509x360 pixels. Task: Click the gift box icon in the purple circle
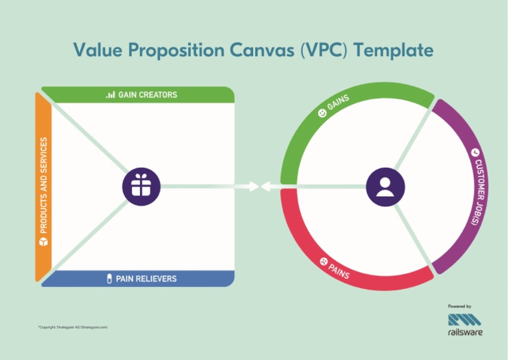coord(141,185)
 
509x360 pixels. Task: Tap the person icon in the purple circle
coord(385,185)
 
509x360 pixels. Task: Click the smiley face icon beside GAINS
coord(322,114)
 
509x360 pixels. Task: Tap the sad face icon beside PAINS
coord(323,261)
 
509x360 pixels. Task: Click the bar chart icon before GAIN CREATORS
coord(110,95)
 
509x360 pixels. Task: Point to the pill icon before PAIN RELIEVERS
coord(109,278)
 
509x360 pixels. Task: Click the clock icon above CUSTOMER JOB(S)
coord(475,153)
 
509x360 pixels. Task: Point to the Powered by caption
coord(459,306)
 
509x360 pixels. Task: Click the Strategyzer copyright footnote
coord(73,328)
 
